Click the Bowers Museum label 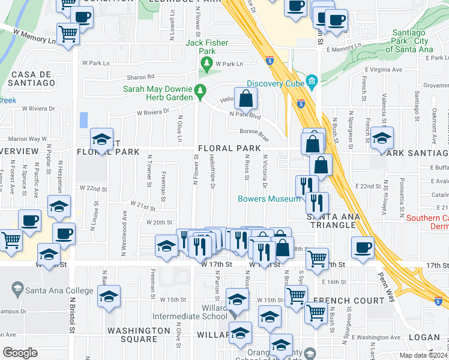point(268,199)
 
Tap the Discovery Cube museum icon point(311,81)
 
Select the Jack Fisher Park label point(208,43)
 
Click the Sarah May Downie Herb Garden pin point(201,92)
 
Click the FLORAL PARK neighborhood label point(229,148)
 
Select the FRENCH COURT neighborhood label point(348,301)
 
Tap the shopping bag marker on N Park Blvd point(246,98)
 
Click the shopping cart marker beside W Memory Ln point(68,33)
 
